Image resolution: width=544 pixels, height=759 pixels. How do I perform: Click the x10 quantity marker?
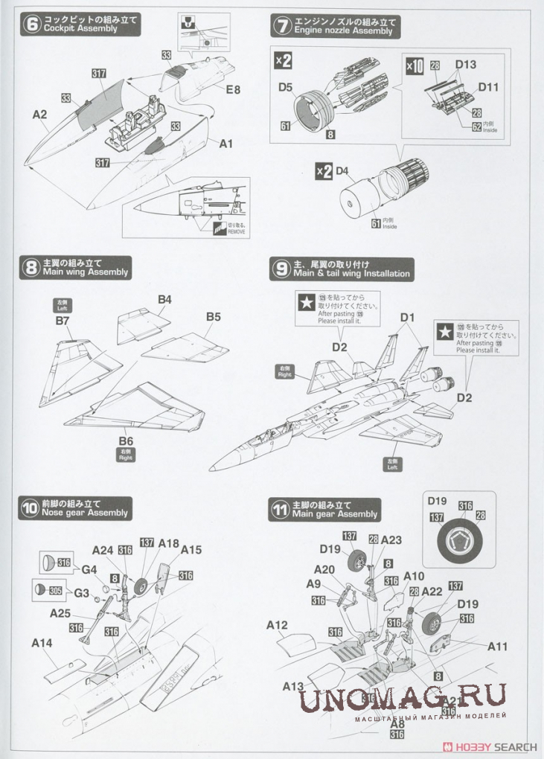point(415,65)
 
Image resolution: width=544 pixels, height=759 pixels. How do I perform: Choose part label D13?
point(465,65)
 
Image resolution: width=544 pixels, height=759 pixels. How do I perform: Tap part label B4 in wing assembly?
point(164,299)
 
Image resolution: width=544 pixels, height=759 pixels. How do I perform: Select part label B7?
point(62,321)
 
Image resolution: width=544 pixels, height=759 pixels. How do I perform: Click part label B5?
point(214,316)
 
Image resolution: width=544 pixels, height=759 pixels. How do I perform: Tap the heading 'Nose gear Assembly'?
point(85,513)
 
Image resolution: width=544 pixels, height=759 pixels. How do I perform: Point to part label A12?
point(277,626)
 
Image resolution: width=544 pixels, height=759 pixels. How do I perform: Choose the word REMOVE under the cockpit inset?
point(236,231)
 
